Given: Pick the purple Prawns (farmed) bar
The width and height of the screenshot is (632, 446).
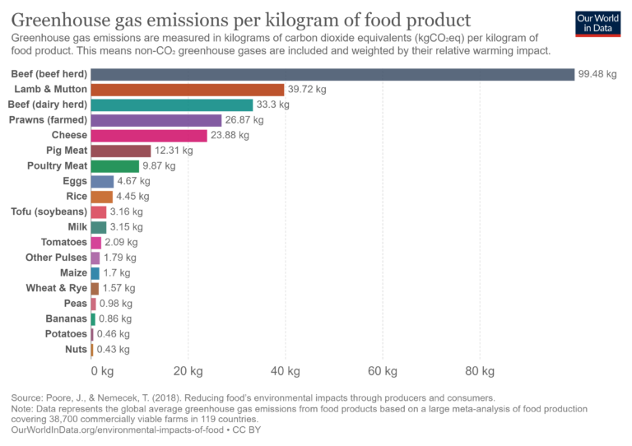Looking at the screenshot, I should coord(156,120).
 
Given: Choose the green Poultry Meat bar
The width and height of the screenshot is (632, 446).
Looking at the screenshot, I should coord(114,166).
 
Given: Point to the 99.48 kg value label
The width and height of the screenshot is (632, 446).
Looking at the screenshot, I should coord(597,74).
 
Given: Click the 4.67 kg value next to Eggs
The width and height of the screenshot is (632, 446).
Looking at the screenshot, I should coord(134,181).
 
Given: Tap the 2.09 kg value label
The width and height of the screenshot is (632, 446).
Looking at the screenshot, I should coord(121,243).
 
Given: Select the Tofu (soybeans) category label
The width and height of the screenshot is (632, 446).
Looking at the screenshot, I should coord(49,211).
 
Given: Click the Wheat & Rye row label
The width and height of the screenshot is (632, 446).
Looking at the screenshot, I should coord(56,288).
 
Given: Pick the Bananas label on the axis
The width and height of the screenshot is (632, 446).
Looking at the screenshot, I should coord(66,318).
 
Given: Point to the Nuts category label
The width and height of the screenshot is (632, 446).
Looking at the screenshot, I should coord(75,350).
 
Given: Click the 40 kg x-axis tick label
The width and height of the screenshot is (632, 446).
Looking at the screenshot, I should coord(285,370).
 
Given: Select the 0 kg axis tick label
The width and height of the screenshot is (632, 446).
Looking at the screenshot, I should coord(102,370).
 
